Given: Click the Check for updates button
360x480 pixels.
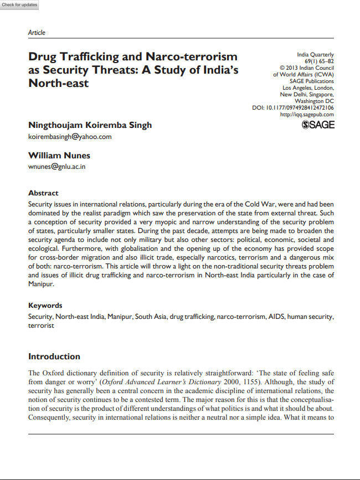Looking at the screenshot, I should click(x=20, y=5).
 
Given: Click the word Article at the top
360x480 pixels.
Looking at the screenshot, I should click(x=37, y=33).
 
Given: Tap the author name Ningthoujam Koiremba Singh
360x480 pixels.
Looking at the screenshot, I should click(x=90, y=125).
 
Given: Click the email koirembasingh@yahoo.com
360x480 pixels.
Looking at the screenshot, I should click(x=70, y=136).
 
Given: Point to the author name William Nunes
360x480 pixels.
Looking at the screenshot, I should click(x=59, y=156).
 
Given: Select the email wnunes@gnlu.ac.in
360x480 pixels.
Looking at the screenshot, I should click(x=56, y=166).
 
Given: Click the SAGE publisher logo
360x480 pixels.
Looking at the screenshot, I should click(x=318, y=125).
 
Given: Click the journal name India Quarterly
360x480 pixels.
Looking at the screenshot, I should click(x=315, y=55).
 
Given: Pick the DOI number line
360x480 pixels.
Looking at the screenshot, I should click(x=293, y=108).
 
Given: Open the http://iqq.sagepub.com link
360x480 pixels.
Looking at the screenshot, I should click(x=307, y=115).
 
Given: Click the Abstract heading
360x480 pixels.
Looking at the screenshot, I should click(x=43, y=193).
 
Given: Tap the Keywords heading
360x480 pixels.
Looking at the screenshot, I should click(x=45, y=306).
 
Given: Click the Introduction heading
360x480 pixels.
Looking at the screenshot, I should click(x=54, y=357).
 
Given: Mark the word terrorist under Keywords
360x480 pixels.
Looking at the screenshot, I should click(x=41, y=326).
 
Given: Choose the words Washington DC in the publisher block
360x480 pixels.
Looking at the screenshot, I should click(x=314, y=101).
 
